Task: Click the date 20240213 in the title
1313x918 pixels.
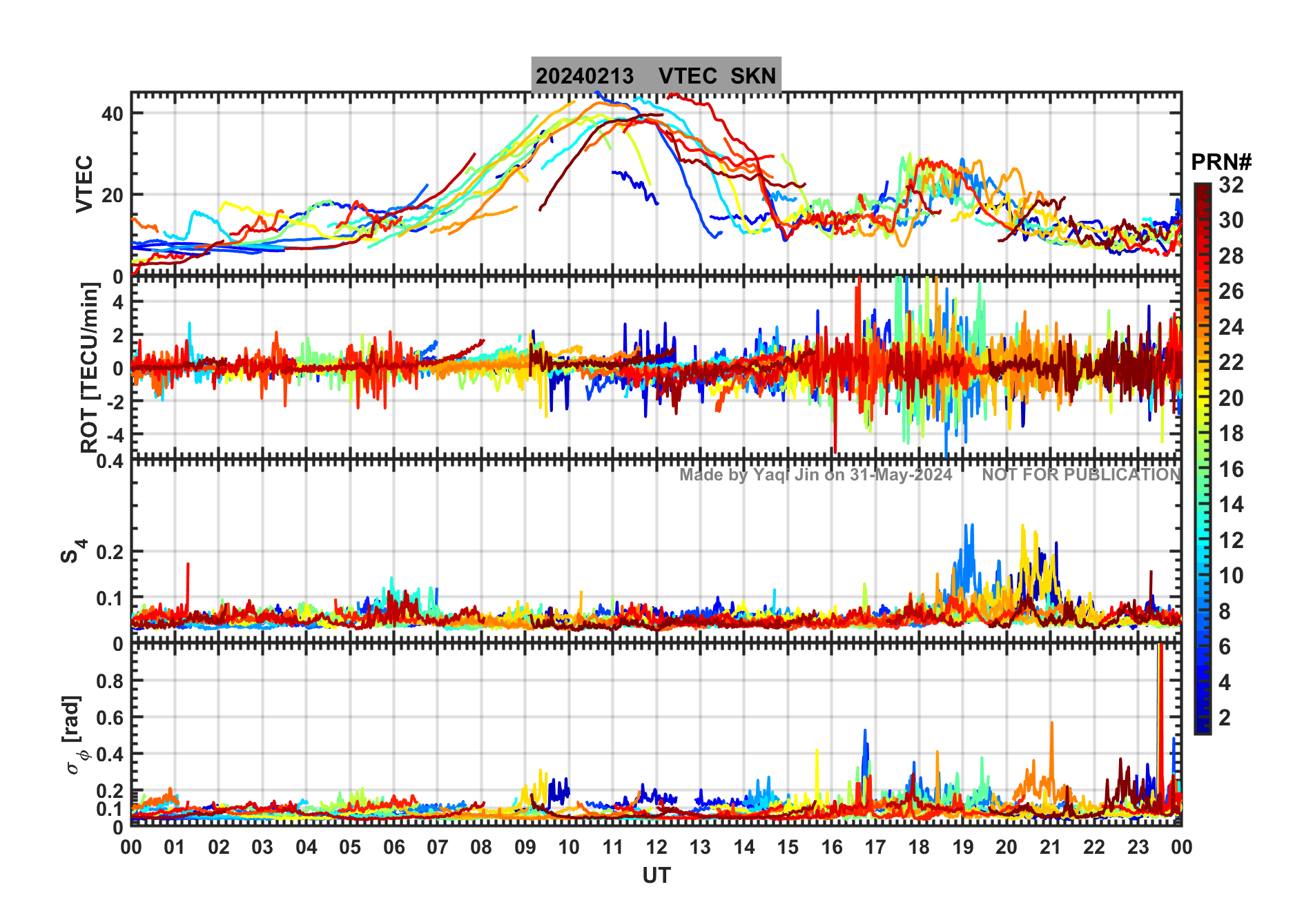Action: point(584,76)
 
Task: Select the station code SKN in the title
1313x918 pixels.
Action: point(753,76)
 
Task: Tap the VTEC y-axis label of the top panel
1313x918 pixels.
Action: point(84,184)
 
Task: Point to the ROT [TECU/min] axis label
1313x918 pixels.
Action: point(90,367)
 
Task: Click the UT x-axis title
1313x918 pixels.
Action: point(656,876)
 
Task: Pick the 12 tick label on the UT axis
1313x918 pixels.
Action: point(656,848)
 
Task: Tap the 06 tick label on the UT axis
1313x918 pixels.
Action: point(393,848)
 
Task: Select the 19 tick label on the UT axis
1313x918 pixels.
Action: point(962,848)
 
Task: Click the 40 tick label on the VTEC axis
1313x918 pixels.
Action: point(113,114)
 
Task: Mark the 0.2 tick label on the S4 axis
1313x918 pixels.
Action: point(110,552)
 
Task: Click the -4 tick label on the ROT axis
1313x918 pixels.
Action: point(113,435)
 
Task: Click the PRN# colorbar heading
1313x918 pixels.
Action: point(1220,162)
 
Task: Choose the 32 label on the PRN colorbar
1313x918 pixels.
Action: point(1231,185)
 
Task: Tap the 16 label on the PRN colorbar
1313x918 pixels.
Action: point(1231,469)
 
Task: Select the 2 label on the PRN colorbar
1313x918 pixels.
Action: point(1225,718)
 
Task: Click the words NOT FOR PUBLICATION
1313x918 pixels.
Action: point(1081,475)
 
